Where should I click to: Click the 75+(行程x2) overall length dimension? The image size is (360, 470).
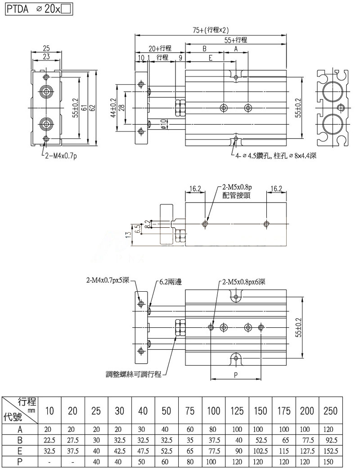pos(211,30)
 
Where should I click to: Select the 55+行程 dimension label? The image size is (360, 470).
pos(235,40)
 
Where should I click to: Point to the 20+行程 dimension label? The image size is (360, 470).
pos(160,48)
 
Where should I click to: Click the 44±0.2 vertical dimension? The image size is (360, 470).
pos(113,108)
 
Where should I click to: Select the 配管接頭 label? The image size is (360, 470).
pos(236,195)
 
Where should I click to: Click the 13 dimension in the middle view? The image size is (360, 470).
pos(128,234)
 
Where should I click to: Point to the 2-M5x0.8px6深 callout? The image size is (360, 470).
pos(243,282)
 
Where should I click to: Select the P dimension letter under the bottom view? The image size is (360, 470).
pos(236,375)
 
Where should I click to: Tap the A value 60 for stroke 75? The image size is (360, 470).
pos(190,429)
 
